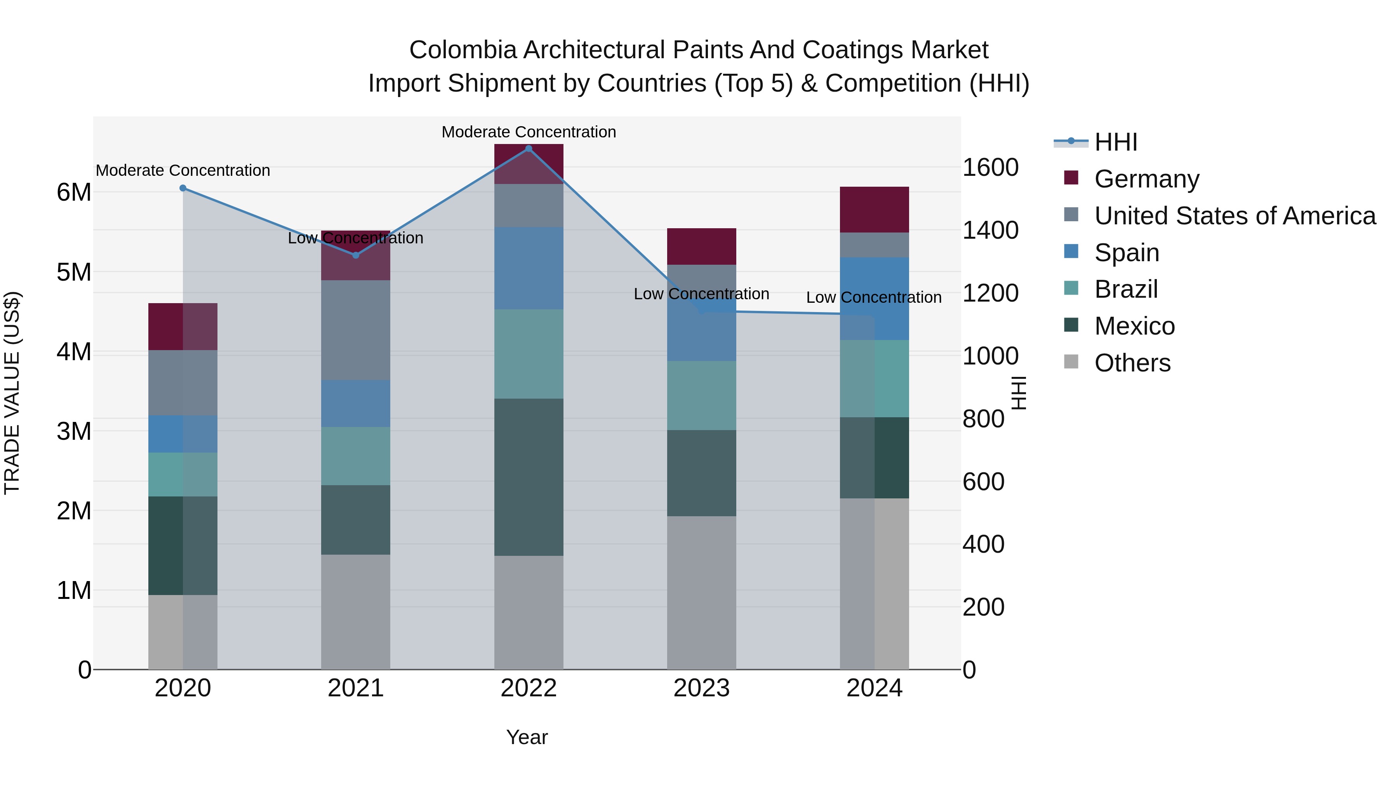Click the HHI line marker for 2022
pyautogui.click(x=529, y=149)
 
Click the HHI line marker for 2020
pyautogui.click(x=183, y=188)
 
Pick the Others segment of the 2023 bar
pyautogui.click(x=701, y=592)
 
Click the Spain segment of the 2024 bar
pyautogui.click(x=874, y=298)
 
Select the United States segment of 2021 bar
pyautogui.click(x=355, y=330)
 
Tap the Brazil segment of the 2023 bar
pyautogui.click(x=701, y=396)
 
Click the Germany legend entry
pyautogui.click(x=1146, y=179)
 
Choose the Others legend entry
pyautogui.click(x=1132, y=363)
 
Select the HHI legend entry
pyautogui.click(x=1115, y=142)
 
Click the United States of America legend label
pyautogui.click(x=1235, y=216)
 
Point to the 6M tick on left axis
pyautogui.click(x=74, y=192)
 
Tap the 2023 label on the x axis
pyautogui.click(x=701, y=688)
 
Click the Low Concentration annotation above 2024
pyautogui.click(x=873, y=297)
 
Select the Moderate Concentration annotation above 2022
pyautogui.click(x=529, y=132)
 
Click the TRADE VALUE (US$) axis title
pyautogui.click(x=12, y=393)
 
